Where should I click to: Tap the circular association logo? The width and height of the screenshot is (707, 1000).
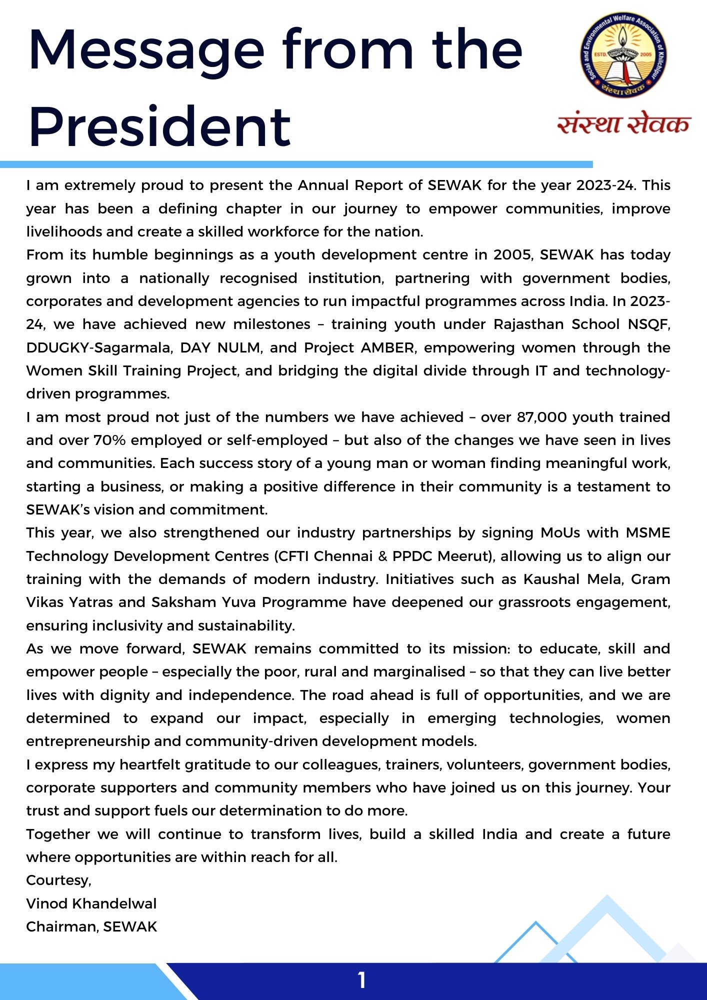click(623, 55)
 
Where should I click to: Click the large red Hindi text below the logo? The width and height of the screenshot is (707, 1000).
click(623, 124)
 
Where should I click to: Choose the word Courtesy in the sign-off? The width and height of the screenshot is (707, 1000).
click(58, 880)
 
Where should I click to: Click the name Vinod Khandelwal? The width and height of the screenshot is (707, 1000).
click(91, 903)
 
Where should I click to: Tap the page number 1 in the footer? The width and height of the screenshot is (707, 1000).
click(361, 980)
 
